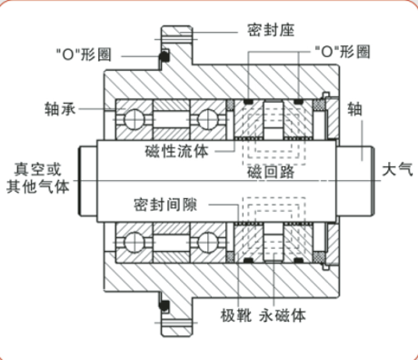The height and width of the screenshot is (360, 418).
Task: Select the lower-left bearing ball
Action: tap(134, 243)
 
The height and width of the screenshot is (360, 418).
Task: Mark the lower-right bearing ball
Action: tap(207, 243)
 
